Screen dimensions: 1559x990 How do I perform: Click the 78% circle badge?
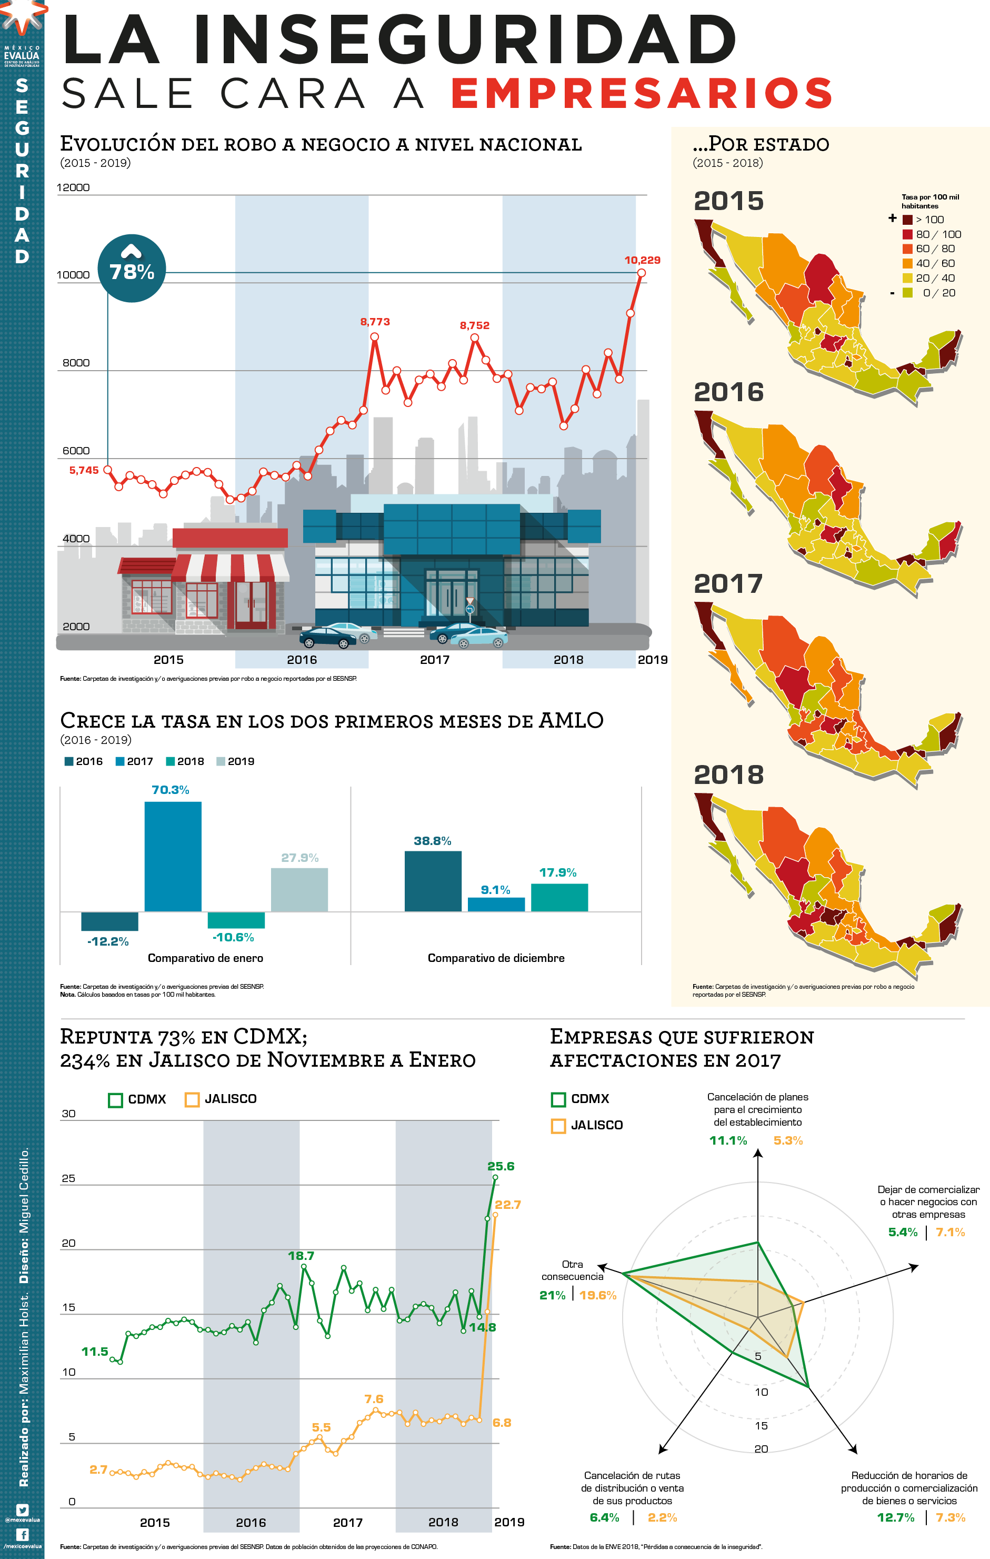coord(132,268)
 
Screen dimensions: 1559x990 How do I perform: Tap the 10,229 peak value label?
coord(642,260)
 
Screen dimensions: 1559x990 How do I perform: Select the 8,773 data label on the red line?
coord(375,322)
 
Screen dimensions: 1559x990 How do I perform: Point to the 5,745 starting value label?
coord(84,470)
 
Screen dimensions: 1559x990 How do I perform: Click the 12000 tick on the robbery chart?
coord(73,188)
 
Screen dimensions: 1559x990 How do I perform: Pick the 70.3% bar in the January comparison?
coord(173,856)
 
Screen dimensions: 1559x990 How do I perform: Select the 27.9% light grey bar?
coord(299,890)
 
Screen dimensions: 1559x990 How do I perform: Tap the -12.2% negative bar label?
coord(108,941)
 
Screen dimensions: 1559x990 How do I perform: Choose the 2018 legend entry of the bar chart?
coord(185,761)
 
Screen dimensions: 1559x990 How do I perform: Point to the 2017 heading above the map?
coord(728,584)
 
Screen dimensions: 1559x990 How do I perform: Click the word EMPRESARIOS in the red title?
coord(641,93)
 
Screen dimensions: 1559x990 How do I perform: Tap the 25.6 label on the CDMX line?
coord(501,1166)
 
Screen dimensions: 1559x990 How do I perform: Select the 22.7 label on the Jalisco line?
coord(508,1204)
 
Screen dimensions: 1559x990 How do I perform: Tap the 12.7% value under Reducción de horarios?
coord(896,1517)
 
